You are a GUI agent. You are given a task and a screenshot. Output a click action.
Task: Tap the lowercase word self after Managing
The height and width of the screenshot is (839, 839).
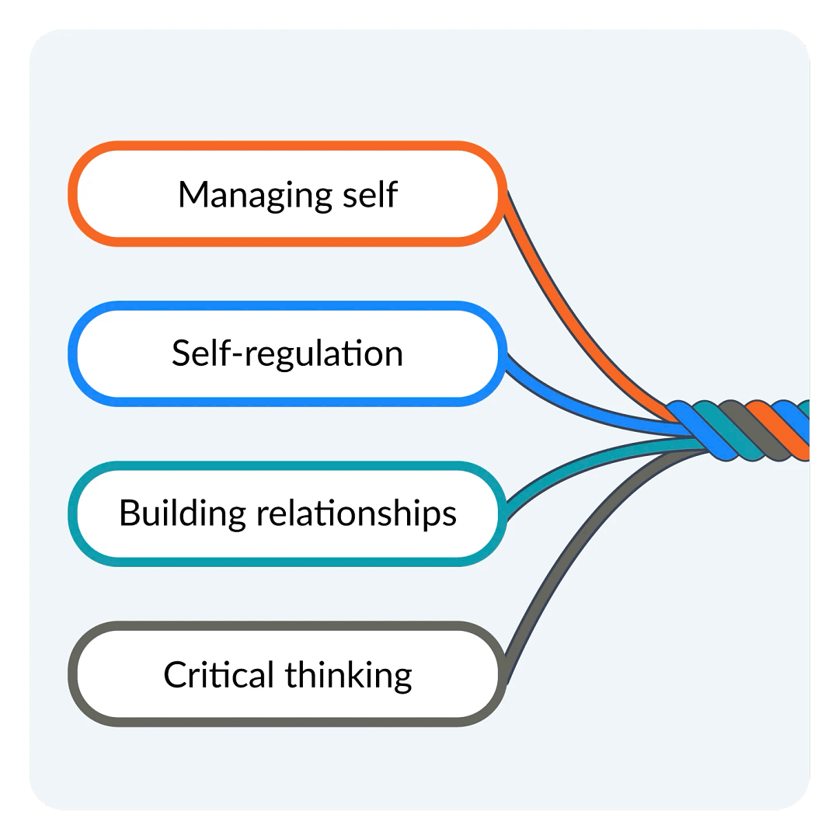(367, 194)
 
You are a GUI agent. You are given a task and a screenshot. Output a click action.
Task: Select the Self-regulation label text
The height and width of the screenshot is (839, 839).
(287, 354)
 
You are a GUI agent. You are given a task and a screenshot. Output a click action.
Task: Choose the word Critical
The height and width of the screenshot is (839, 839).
(219, 674)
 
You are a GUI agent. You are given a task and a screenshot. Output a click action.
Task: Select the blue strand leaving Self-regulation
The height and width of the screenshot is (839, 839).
(575, 404)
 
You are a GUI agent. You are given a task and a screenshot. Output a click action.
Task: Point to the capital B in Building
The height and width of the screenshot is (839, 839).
(128, 513)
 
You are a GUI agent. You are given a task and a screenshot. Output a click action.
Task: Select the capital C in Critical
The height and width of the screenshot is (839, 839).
(175, 674)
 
